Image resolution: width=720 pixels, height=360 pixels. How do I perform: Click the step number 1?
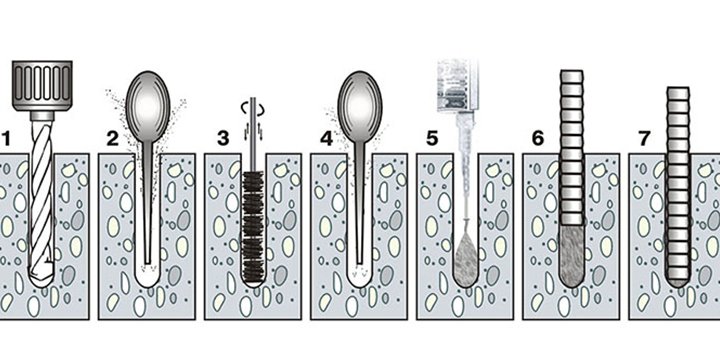pyautogui.click(x=6, y=138)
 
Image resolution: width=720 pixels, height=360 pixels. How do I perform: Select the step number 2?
pyautogui.click(x=112, y=138)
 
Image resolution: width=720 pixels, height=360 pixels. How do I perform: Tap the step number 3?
pyautogui.click(x=223, y=138)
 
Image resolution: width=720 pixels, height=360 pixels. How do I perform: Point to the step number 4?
pyautogui.click(x=326, y=138)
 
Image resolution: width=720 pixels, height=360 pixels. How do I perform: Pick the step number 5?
pyautogui.click(x=432, y=138)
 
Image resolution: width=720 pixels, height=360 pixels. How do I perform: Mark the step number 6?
pyautogui.click(x=538, y=138)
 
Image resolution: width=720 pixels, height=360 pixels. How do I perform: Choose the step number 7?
pyautogui.click(x=644, y=138)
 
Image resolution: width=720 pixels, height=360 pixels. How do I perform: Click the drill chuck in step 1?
pyautogui.click(x=42, y=86)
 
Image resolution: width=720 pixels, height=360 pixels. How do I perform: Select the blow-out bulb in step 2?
pyautogui.click(x=148, y=107)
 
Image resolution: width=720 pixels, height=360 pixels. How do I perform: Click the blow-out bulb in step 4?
pyautogui.click(x=360, y=107)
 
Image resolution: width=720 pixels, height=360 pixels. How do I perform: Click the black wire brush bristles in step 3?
pyautogui.click(x=253, y=227)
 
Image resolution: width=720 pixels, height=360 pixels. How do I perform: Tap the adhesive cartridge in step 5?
pyautogui.click(x=457, y=86)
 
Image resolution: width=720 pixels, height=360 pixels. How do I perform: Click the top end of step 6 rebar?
pyautogui.click(x=572, y=72)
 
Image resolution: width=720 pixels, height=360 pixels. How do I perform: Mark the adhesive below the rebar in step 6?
pyautogui.click(x=572, y=256)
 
